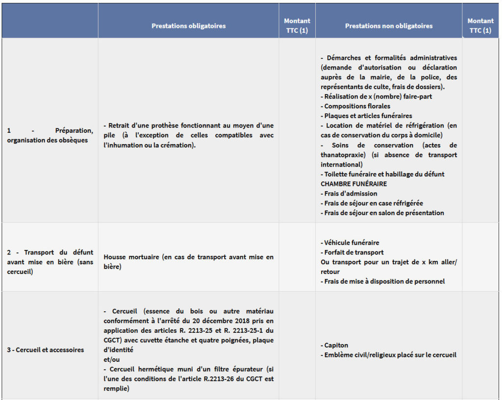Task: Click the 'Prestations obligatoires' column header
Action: (188, 26)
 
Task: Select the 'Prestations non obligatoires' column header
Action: (389, 26)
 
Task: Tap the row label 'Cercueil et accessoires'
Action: (45, 350)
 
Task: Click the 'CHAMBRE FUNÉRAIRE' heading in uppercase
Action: (353, 184)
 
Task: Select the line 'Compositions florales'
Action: (357, 106)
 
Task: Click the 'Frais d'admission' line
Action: (351, 194)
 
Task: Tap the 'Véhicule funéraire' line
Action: (351, 243)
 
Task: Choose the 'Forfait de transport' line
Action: (353, 252)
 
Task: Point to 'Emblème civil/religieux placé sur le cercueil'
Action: (390, 355)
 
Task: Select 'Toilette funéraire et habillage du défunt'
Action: (384, 175)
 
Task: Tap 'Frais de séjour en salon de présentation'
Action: (384, 213)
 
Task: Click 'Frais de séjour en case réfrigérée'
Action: (373, 203)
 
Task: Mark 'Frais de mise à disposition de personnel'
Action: (384, 281)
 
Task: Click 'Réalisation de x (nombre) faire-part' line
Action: (378, 97)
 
